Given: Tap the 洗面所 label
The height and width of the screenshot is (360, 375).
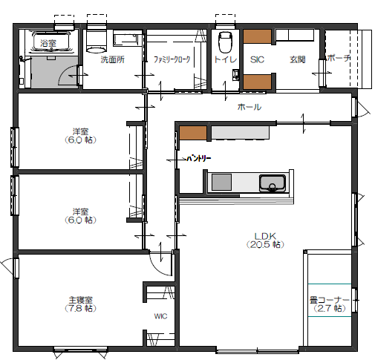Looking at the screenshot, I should (112, 59).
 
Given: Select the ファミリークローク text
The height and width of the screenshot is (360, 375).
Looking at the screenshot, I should (172, 59).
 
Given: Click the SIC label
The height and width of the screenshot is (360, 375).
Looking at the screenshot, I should (257, 59).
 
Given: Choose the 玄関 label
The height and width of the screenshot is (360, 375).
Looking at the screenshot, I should (297, 59).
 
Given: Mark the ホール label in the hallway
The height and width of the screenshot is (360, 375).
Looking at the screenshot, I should (249, 108).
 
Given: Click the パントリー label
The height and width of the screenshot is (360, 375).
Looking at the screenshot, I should (198, 158).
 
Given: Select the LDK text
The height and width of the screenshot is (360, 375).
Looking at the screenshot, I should (265, 235).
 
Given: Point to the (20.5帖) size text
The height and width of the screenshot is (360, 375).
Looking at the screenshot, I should (265, 243).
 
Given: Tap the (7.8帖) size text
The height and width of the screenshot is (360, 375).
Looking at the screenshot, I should (79, 308).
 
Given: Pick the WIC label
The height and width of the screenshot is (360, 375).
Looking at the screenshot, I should (160, 316).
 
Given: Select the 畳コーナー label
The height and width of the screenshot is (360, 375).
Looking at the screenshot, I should (329, 300).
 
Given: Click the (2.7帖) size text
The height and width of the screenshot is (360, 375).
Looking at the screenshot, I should (329, 308).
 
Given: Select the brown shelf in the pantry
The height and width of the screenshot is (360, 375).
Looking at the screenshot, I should (192, 134).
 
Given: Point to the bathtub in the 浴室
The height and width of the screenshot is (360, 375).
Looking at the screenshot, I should (48, 42).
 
